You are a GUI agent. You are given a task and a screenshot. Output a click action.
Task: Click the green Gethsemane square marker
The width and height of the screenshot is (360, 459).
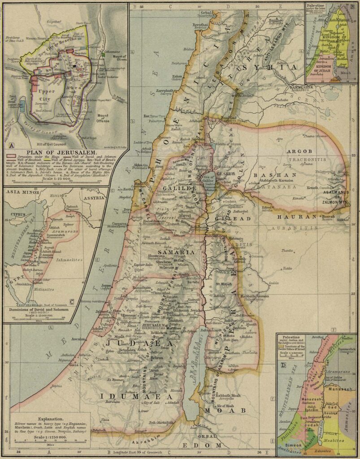(103, 54)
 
